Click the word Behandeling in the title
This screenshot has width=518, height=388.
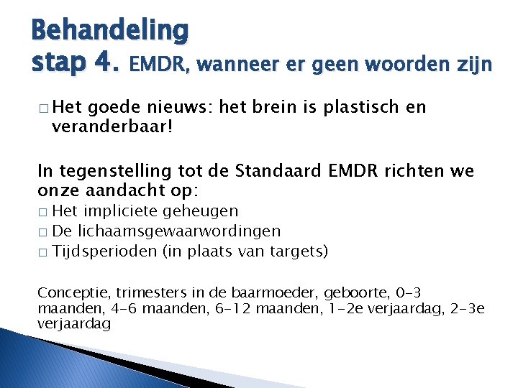[x=110, y=31]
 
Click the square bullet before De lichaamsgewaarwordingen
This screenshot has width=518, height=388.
[x=42, y=232]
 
